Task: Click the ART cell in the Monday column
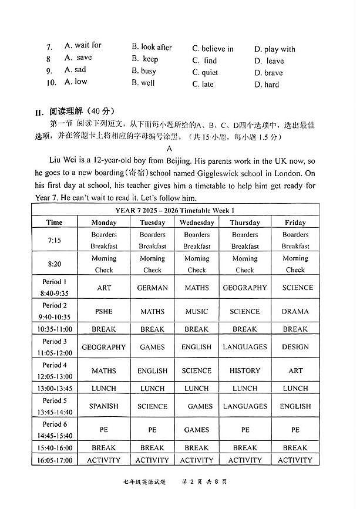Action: (x=104, y=288)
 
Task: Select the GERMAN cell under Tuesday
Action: (x=152, y=288)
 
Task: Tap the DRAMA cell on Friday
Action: (x=295, y=312)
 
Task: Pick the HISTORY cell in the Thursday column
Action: (x=245, y=370)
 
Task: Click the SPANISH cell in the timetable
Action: (x=104, y=406)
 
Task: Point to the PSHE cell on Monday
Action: (x=104, y=312)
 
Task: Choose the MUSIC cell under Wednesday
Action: (x=196, y=312)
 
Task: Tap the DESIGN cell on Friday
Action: (x=295, y=347)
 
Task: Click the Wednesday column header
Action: (x=196, y=223)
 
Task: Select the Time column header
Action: (x=54, y=223)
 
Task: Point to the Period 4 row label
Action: (x=55, y=365)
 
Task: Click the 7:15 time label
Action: (x=54, y=240)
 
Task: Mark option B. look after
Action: (x=152, y=47)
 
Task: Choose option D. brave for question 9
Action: (x=268, y=73)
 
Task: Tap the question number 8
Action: (x=48, y=59)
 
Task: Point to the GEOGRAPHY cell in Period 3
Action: (x=104, y=347)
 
